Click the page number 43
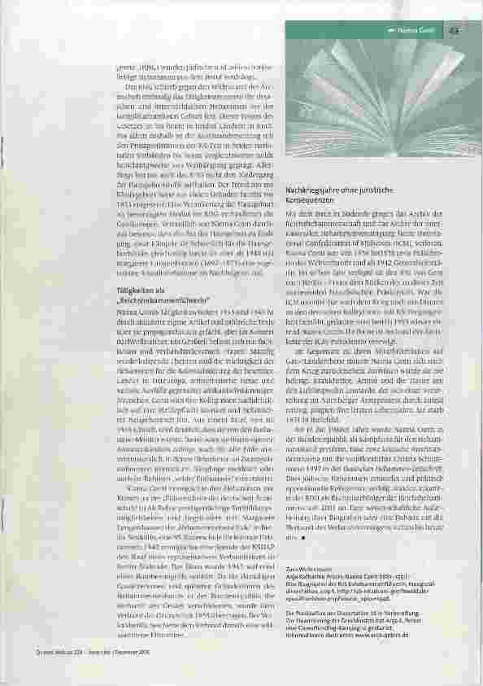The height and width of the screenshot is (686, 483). (x=454, y=30)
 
